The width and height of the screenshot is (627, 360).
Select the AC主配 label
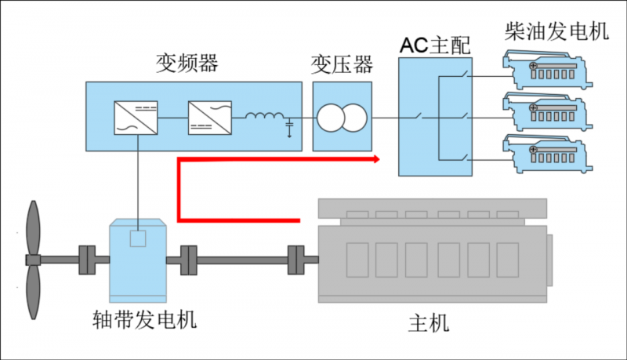click(433, 45)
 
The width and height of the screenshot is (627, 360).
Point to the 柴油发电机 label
click(556, 31)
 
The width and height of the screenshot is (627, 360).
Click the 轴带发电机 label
click(143, 320)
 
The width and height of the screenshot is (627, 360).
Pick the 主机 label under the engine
click(429, 322)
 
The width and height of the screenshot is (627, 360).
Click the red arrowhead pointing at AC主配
click(376, 159)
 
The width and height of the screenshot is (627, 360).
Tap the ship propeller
click(32, 259)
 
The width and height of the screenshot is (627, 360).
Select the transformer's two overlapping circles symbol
click(341, 118)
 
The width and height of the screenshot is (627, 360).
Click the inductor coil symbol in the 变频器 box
click(265, 118)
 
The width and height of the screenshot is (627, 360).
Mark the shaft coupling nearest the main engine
click(297, 258)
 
